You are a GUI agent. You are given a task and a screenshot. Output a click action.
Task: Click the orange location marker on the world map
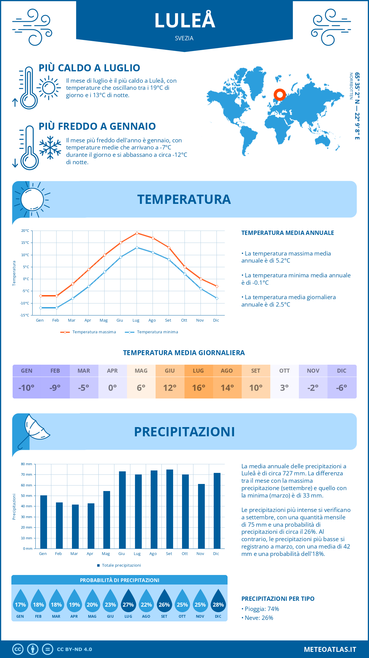(x=280, y=94)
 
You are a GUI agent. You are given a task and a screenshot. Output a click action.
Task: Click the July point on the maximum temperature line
(x=137, y=233)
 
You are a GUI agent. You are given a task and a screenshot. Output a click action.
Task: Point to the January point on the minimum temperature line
(x=41, y=308)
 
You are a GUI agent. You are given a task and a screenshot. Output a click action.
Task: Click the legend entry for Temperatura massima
(x=89, y=332)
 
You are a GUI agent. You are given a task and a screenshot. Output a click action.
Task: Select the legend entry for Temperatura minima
(x=152, y=332)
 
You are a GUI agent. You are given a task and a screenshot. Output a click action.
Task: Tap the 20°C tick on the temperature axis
(x=25, y=231)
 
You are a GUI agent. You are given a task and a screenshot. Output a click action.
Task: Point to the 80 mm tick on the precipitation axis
(x=27, y=464)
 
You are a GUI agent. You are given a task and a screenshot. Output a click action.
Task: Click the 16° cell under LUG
(x=198, y=388)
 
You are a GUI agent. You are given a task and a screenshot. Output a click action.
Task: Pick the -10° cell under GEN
(x=26, y=388)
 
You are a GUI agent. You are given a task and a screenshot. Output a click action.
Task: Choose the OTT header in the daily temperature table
(x=284, y=371)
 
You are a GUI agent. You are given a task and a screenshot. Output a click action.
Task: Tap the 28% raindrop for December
(x=218, y=602)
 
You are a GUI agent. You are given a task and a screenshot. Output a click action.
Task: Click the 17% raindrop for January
(x=20, y=602)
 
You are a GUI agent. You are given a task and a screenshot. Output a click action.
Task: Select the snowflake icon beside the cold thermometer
(x=50, y=148)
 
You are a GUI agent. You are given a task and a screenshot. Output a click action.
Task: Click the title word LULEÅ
(x=184, y=21)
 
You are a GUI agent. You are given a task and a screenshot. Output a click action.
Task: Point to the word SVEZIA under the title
(x=184, y=38)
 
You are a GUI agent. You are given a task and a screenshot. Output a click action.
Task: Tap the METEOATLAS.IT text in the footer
(x=330, y=649)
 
